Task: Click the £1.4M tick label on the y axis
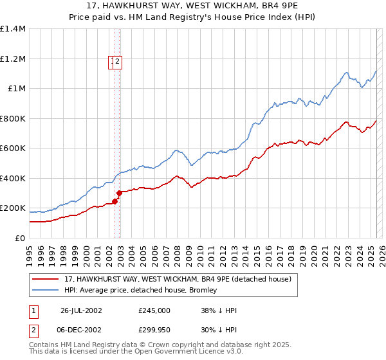(x=13, y=29)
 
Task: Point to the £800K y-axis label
(x=13, y=118)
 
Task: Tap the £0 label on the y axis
(x=20, y=238)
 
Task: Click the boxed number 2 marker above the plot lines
(x=119, y=62)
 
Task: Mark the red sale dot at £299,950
(x=120, y=193)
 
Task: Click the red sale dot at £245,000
(x=115, y=201)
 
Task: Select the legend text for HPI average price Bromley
(x=141, y=290)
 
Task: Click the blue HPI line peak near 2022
(x=346, y=72)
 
